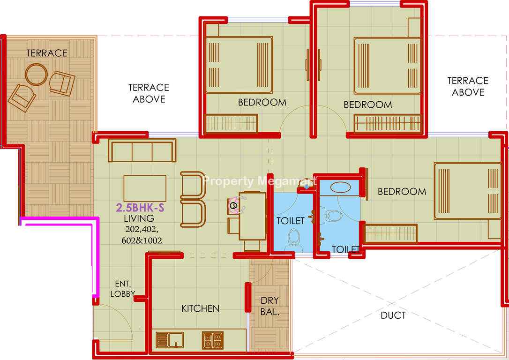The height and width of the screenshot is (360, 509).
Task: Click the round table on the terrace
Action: click(37, 75)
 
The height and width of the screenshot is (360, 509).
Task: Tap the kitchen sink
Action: click(170, 340)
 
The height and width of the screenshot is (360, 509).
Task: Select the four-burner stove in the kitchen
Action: click(213, 340)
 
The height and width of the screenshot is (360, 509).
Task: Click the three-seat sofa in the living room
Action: click(142, 150)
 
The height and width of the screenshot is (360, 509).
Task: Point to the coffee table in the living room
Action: click(145, 188)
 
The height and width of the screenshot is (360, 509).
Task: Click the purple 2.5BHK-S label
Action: click(140, 208)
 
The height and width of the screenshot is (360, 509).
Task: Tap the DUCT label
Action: click(393, 315)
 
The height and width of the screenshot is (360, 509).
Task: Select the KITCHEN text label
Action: click(200, 308)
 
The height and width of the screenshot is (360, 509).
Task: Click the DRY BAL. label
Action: click(270, 306)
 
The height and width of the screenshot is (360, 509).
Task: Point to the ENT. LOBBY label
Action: click(123, 289)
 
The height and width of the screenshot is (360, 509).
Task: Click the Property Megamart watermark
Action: click(260, 181)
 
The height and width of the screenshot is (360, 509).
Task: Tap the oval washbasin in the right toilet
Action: click(340, 187)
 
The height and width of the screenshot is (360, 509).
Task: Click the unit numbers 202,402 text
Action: click(142, 229)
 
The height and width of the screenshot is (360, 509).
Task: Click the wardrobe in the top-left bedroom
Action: click(232, 123)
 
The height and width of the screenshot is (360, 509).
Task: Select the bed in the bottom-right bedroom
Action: click(468, 191)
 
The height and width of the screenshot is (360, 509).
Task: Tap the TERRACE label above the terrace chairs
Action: click(47, 53)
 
